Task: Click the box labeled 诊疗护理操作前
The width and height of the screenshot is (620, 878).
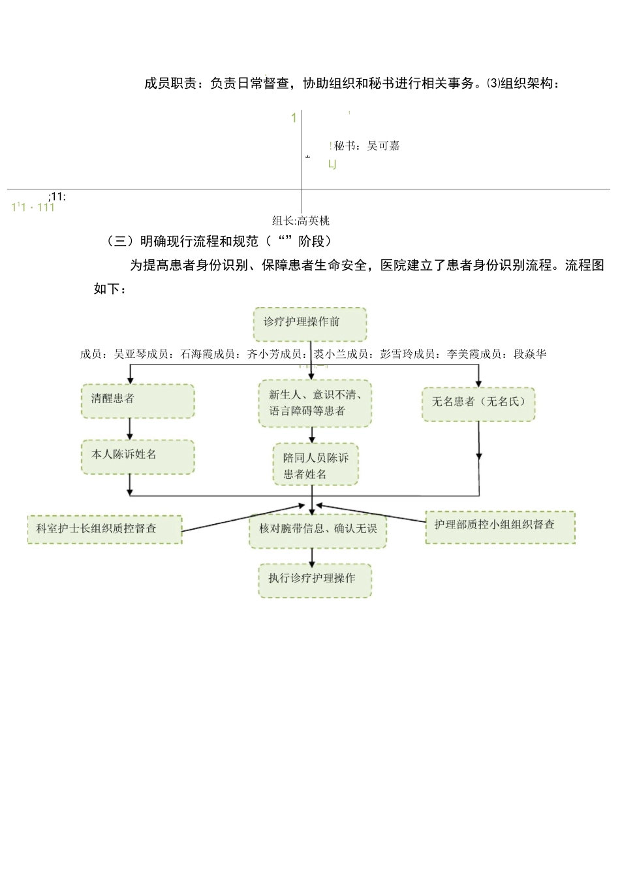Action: (310, 324)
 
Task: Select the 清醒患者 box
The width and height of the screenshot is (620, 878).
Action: (138, 400)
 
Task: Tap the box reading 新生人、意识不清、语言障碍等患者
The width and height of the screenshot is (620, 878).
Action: (315, 404)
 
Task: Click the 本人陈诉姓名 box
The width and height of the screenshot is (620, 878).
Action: (138, 457)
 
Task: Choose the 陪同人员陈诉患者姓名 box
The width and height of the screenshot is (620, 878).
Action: (316, 465)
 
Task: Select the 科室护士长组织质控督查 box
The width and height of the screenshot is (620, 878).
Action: (104, 529)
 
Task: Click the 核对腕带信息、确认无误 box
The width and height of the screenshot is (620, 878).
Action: (318, 529)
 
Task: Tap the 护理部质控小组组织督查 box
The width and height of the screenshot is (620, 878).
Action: (500, 527)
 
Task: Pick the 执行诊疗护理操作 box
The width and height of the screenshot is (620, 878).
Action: (315, 579)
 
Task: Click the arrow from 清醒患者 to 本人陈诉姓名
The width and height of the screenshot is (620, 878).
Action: (130, 429)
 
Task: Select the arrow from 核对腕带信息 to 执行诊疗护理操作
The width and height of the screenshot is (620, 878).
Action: (313, 556)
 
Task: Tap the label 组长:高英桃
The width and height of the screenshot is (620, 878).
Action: (301, 221)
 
